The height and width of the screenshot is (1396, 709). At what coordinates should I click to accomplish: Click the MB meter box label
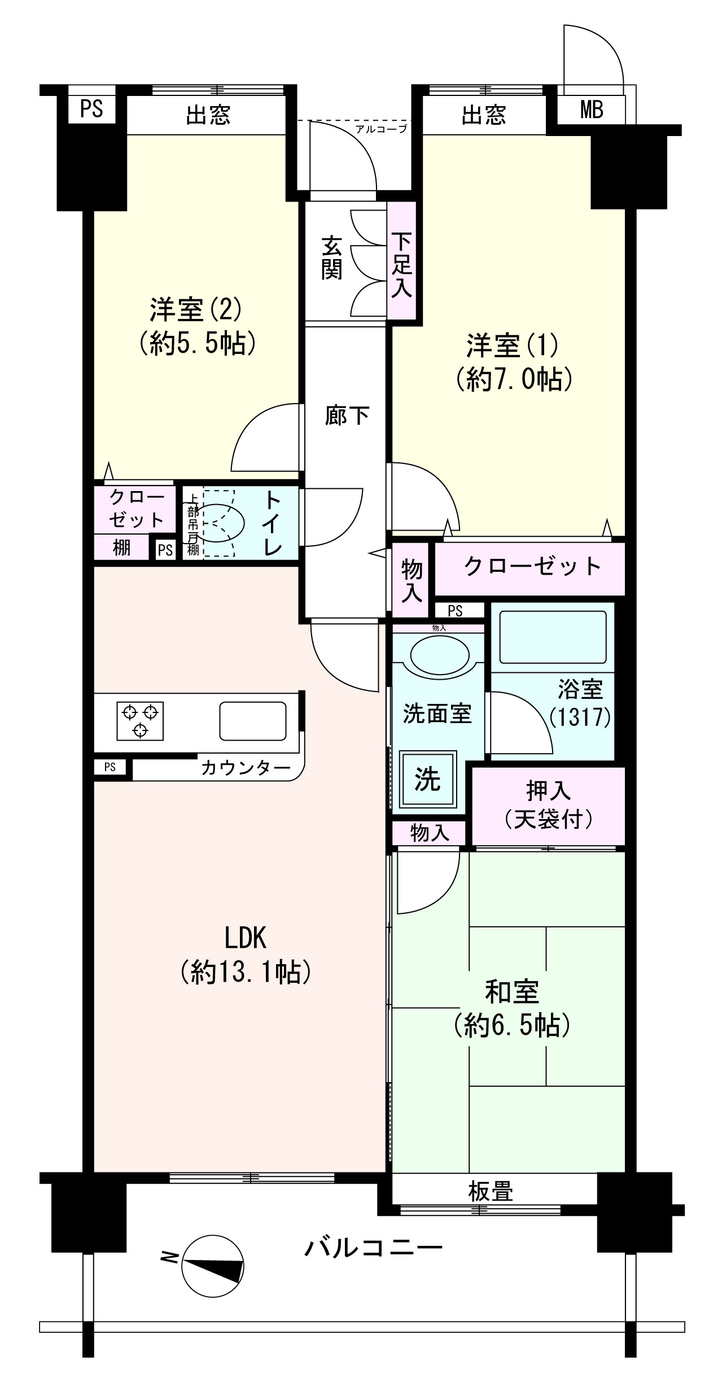(591, 110)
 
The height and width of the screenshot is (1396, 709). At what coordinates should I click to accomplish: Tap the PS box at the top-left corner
(91, 108)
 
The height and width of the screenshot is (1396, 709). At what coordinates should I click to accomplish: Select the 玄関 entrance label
(332, 258)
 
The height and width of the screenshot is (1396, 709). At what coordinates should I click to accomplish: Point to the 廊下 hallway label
(347, 416)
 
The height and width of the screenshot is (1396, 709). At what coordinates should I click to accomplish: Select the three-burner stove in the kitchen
(141, 721)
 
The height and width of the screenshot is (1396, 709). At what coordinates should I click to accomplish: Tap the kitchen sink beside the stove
(252, 721)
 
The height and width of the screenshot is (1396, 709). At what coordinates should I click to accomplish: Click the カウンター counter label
(246, 768)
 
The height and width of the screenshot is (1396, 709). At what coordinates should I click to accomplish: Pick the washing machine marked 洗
(428, 780)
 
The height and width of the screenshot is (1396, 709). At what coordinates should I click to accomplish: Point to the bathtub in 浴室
(553, 636)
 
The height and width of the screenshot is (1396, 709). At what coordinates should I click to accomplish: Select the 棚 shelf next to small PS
(121, 548)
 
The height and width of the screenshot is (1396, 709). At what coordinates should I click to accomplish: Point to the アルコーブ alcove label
(381, 129)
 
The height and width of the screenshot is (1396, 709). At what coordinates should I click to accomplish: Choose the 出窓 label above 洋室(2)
(208, 115)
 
